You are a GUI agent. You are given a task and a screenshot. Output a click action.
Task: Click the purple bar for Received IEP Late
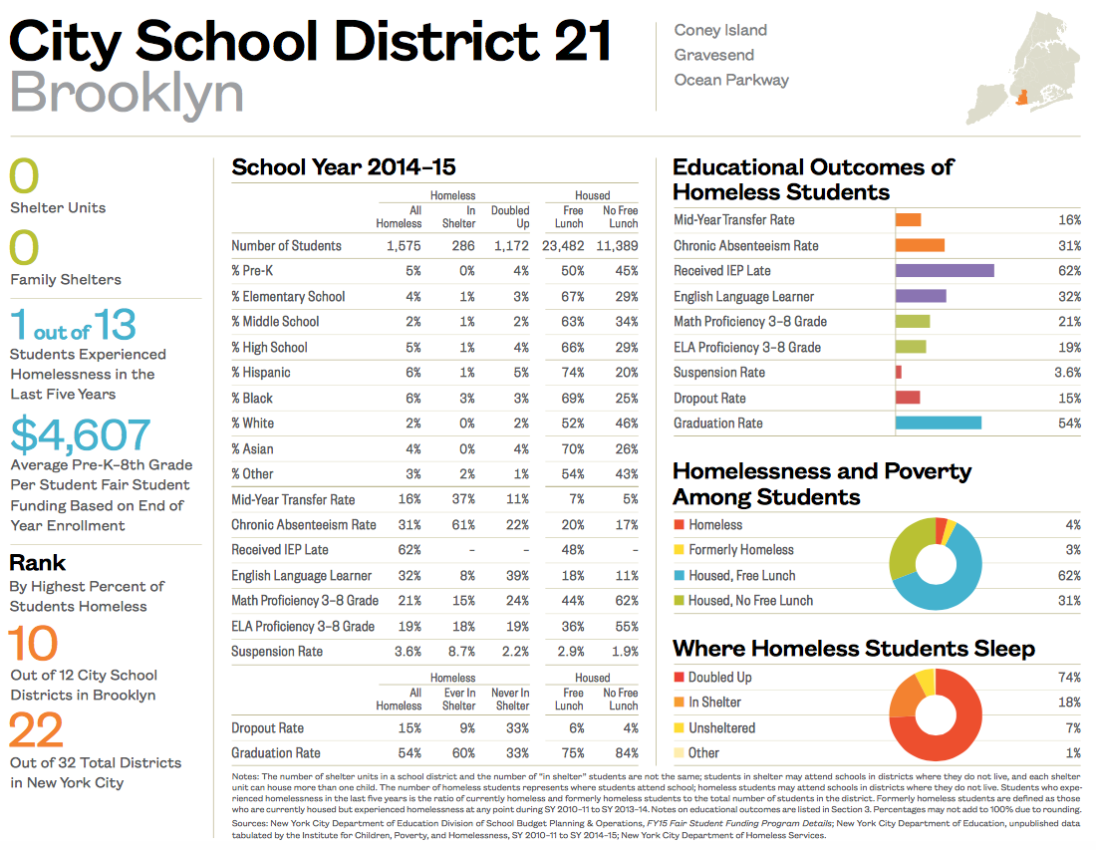pos(944,271)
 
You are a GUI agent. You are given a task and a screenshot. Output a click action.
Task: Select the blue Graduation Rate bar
pos(938,424)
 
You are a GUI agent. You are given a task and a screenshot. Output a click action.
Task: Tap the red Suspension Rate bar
pos(899,373)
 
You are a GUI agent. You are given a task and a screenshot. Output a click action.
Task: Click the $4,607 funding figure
pos(81,435)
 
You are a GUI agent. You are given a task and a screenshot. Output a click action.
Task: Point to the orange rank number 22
pos(36,732)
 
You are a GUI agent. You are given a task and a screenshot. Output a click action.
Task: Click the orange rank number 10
pos(34,645)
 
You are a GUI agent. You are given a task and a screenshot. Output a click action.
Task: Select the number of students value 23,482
pos(561,246)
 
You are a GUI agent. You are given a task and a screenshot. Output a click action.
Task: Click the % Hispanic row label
pos(261,373)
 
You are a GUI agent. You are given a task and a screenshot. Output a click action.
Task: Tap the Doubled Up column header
pos(510,216)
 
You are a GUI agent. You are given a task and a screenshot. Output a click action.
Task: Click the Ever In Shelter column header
pos(458,699)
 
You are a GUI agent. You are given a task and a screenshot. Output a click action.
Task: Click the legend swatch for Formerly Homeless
pos(680,550)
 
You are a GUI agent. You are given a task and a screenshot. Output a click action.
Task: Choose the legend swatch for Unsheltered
pos(680,728)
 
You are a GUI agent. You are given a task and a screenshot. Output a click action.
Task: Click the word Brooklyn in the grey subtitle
pos(127,93)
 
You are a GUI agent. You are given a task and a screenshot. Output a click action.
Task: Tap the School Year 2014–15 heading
pos(344,167)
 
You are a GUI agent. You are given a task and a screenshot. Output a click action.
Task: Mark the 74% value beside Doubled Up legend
pos(1069,678)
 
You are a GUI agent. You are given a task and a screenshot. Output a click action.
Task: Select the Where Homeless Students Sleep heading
pos(854,649)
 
